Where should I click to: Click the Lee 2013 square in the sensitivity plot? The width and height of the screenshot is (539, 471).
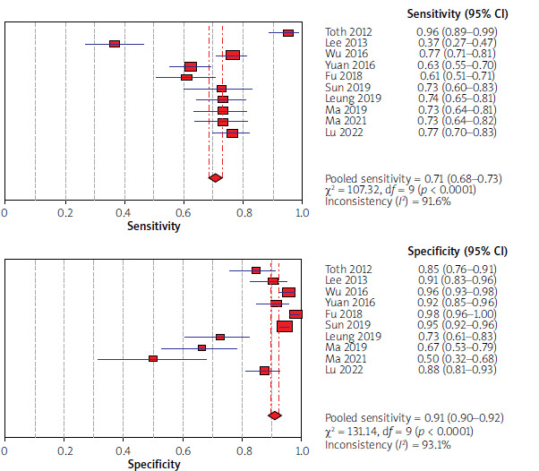pos(115,44)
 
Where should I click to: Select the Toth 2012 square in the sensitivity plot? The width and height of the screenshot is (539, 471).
pos(288,32)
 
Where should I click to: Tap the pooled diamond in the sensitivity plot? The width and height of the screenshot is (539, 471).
pos(215,177)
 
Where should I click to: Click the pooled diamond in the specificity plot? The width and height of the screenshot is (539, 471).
pos(275,415)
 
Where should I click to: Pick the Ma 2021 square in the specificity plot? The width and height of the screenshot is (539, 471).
pos(153,358)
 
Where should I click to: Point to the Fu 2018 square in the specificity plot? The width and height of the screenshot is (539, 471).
pos(295,314)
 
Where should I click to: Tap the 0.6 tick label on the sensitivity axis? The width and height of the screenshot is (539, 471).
pos(183,212)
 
